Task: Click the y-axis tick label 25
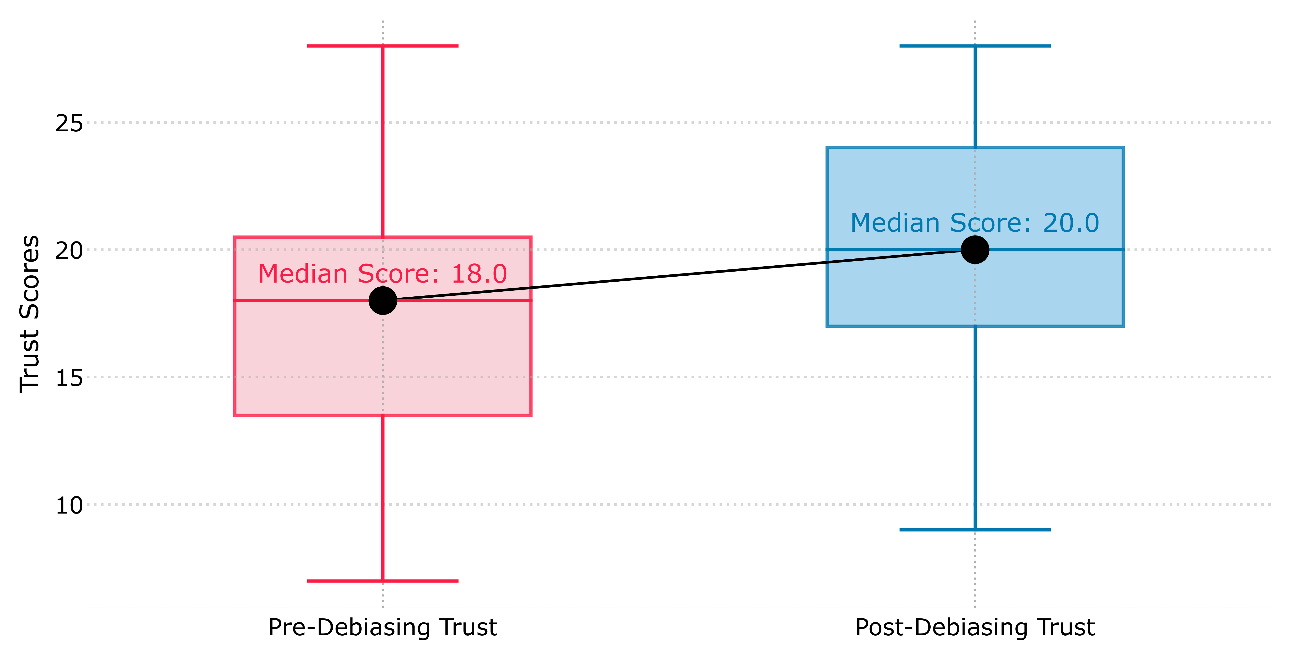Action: [x=69, y=123]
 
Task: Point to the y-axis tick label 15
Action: [x=69, y=378]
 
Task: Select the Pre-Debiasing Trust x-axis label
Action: [x=383, y=627]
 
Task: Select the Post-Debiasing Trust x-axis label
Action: [x=975, y=627]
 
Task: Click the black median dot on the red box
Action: [x=383, y=300]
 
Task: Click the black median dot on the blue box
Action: [x=975, y=249]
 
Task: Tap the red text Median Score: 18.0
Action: [x=383, y=274]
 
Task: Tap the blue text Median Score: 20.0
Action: [x=975, y=223]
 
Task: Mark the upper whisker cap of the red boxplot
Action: [x=383, y=46]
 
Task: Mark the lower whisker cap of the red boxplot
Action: [x=383, y=581]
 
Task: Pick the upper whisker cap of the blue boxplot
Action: [x=975, y=46]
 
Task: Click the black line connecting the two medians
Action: [x=679, y=275]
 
